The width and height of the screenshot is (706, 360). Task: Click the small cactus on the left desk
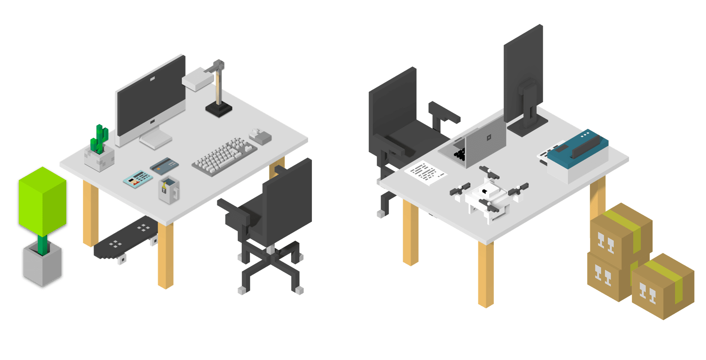click(x=99, y=139)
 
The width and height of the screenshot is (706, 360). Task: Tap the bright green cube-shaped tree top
click(x=43, y=202)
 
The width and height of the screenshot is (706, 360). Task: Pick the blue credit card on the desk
click(x=164, y=166)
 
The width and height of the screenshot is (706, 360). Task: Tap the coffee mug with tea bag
click(x=169, y=190)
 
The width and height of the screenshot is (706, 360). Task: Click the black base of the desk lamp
click(x=219, y=109)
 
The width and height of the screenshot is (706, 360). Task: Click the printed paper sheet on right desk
click(x=426, y=172)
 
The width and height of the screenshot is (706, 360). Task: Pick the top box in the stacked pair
click(x=620, y=232)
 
